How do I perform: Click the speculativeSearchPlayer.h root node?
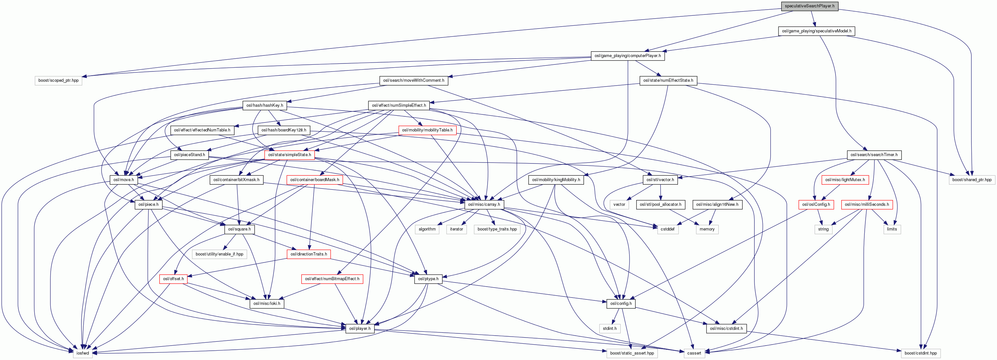coord(809,6)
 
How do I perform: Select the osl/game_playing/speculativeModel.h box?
coord(816,31)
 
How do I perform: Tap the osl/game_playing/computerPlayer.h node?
coord(627,56)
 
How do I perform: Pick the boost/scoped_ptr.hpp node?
coord(58,80)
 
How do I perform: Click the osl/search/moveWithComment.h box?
coord(413,80)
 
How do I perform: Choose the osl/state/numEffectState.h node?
coord(668,80)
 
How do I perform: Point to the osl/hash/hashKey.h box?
coord(265,105)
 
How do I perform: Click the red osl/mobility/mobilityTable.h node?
coord(427,130)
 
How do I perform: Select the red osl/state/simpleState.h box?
coord(290,155)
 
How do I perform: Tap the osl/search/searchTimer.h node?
coord(874,155)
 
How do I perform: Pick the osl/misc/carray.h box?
coord(484,205)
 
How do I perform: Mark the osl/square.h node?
coord(239,229)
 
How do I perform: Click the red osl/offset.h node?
coord(173,279)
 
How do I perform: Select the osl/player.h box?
coord(359,328)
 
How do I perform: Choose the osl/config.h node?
coord(621,304)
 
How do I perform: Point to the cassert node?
coord(694,353)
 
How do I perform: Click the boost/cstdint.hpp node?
coord(921,353)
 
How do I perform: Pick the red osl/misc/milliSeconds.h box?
coord(867,205)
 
